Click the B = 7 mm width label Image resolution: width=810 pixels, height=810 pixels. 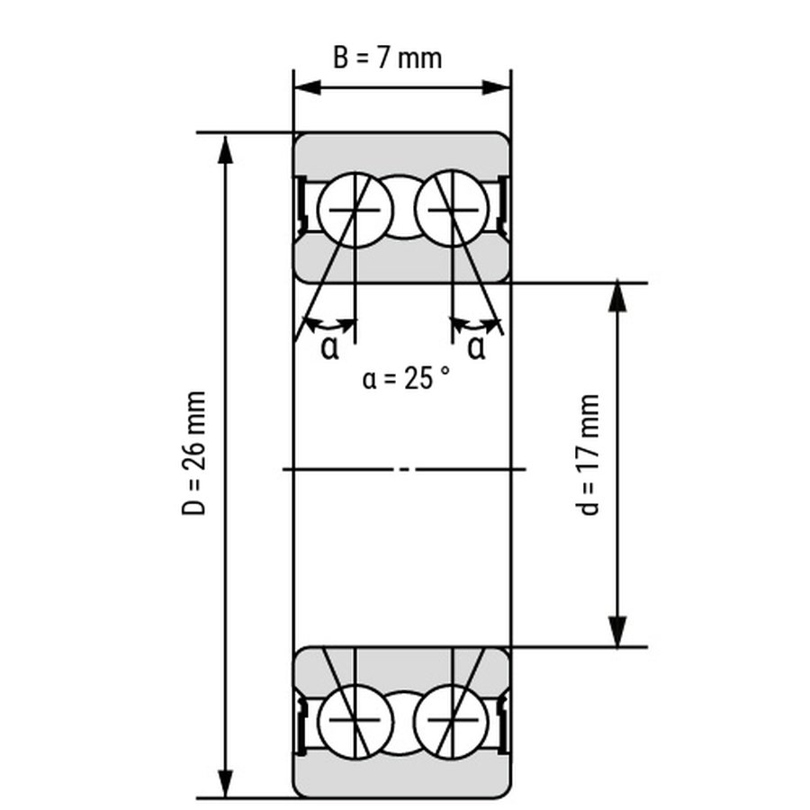tap(387, 58)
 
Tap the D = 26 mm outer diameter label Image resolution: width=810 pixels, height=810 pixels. tap(194, 453)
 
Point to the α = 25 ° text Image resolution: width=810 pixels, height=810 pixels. tap(406, 378)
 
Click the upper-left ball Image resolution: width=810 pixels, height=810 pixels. tap(355, 210)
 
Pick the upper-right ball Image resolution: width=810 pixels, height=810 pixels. tap(453, 210)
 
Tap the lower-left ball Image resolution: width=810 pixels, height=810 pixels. tap(355, 721)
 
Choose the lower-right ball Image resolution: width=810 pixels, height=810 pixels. tap(453, 721)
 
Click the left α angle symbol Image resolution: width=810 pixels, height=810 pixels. tap(329, 347)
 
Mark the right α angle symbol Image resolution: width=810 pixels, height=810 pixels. tap(476, 347)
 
